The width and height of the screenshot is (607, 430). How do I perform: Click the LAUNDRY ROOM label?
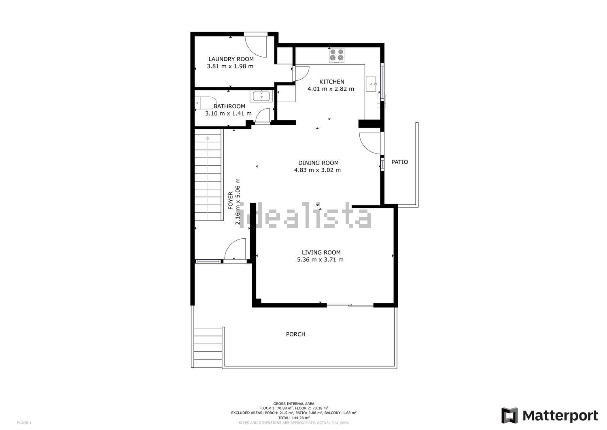pos(231,59)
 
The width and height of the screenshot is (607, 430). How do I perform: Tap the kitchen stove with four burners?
pos(337,56)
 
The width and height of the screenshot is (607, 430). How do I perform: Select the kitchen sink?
pos(371,84)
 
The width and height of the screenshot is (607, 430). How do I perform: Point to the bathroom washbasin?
pos(261,96)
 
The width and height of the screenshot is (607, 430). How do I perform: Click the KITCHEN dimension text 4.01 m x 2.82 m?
pos(331,89)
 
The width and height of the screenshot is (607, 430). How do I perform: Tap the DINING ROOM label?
pos(318,163)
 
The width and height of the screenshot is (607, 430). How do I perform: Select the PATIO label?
pos(400,162)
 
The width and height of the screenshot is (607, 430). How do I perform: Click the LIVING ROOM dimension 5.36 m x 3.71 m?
pos(320,259)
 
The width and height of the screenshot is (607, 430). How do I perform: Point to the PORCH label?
pos(296,334)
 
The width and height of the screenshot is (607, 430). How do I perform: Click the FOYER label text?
pos(230,201)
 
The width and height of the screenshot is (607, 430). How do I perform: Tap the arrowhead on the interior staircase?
pos(208,138)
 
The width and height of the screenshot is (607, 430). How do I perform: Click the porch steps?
pos(208,347)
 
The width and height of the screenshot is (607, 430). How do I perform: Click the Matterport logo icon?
pos(509,415)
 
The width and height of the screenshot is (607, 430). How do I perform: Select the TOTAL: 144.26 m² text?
pos(294,418)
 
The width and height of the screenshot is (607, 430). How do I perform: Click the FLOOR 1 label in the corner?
pos(24,423)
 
